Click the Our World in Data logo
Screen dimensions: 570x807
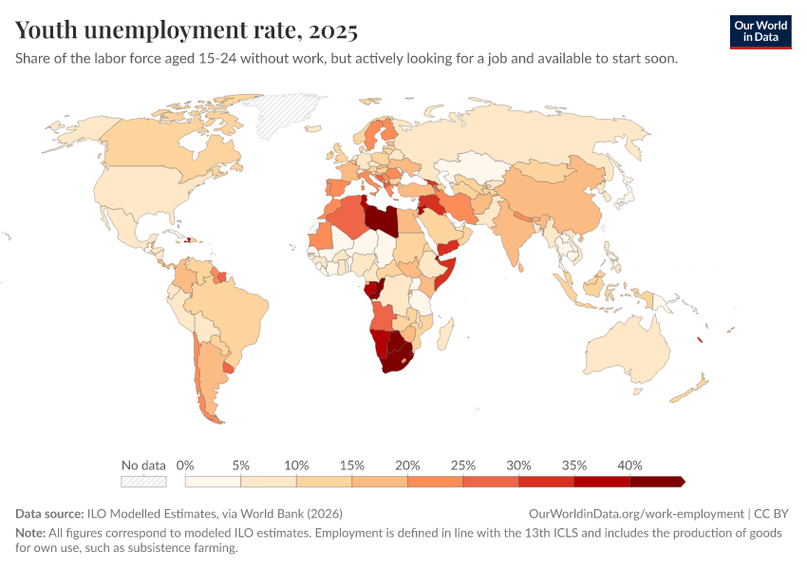tap(760, 31)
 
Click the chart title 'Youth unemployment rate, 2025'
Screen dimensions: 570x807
tap(186, 31)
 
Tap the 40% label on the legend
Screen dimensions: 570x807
tap(629, 465)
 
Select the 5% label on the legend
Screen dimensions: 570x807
tap(240, 465)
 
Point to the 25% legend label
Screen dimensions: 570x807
tap(462, 465)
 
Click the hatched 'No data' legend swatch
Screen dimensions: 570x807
tap(143, 482)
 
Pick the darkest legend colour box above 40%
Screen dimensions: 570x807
tap(657, 482)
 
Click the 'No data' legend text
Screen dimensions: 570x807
tap(143, 465)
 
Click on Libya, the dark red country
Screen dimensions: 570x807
tap(381, 218)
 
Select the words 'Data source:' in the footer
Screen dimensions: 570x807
tap(49, 513)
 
